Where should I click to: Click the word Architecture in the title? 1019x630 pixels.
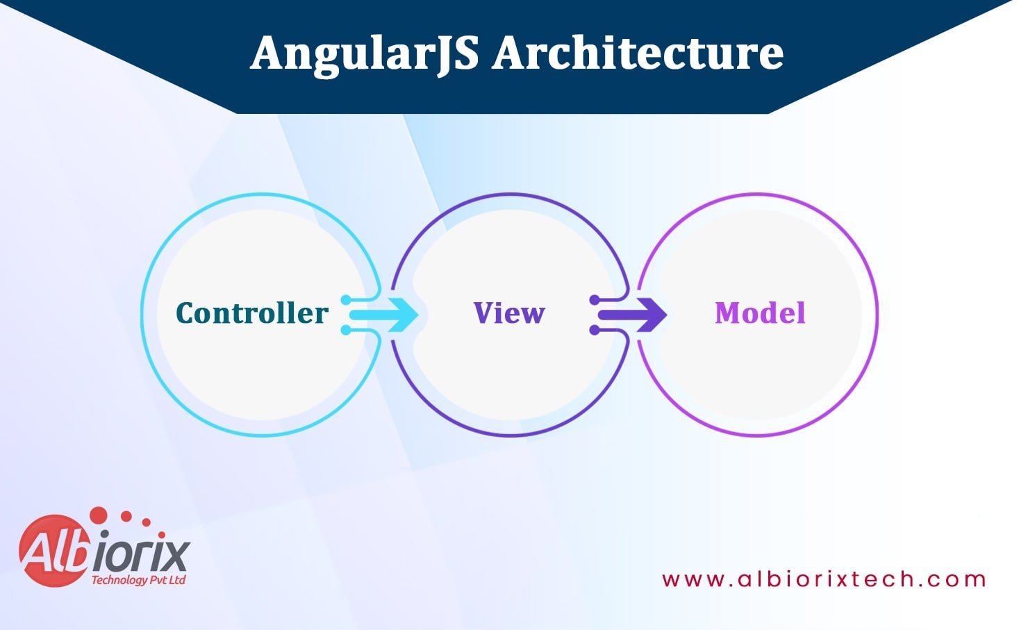(x=638, y=52)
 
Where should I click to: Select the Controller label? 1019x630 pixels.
(x=252, y=313)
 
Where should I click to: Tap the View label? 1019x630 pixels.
(x=509, y=313)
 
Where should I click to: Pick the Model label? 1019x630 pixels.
(x=760, y=313)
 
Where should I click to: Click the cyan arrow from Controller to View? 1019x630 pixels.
(x=384, y=315)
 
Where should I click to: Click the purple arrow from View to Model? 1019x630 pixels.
(x=633, y=315)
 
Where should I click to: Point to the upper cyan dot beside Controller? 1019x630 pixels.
(x=346, y=300)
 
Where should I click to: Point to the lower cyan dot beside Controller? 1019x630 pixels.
(x=346, y=330)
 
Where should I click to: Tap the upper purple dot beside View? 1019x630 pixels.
(x=595, y=300)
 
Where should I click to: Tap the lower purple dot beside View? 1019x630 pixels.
(x=595, y=330)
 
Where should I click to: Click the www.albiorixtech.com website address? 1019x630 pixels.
(x=824, y=579)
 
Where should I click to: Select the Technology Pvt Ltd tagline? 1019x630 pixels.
(x=138, y=580)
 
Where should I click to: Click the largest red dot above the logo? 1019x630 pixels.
(x=99, y=515)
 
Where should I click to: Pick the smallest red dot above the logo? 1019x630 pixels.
(x=161, y=534)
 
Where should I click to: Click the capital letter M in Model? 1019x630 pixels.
(x=729, y=313)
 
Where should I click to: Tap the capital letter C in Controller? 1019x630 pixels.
(x=186, y=313)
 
